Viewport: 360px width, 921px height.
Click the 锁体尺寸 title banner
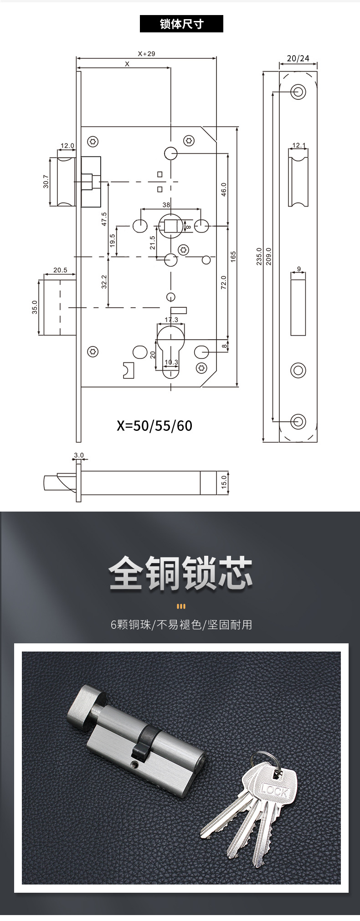(181, 24)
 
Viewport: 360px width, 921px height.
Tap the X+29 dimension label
(146, 53)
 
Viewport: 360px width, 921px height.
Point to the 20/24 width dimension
(298, 58)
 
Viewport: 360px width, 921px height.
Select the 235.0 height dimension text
(259, 256)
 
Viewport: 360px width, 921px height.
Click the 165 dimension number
(233, 256)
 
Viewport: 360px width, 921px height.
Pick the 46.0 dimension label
(224, 189)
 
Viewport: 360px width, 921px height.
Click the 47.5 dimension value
(104, 219)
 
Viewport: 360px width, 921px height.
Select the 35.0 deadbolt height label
(35, 308)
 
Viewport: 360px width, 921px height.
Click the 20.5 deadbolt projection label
(60, 270)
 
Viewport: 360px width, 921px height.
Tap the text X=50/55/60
(154, 426)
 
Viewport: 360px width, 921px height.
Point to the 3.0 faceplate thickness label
(79, 455)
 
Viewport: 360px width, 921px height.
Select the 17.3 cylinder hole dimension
(171, 320)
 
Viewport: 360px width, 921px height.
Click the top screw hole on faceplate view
(298, 91)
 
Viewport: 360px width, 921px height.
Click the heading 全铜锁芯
(180, 573)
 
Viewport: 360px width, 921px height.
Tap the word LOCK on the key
(274, 791)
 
